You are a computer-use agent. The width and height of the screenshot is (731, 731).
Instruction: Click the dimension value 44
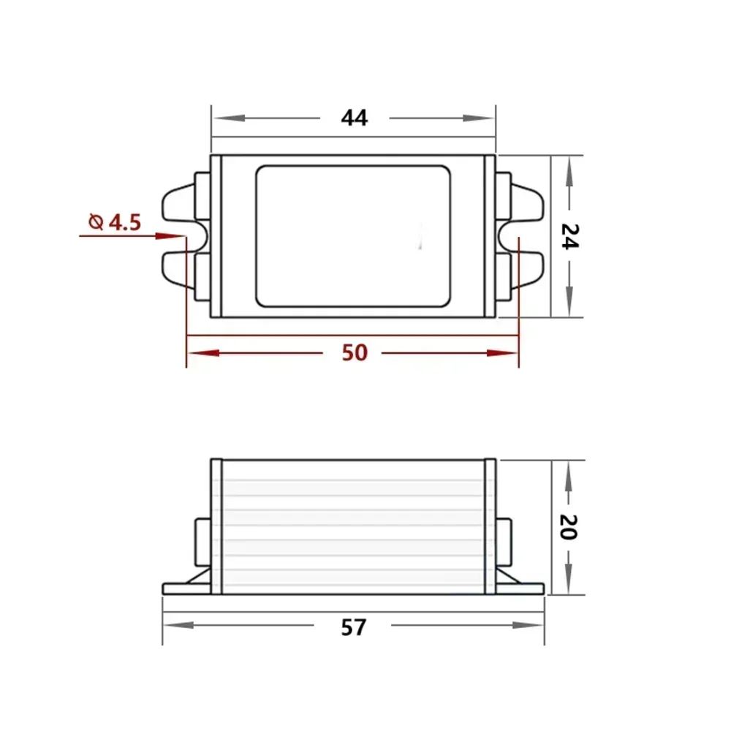coord(355,118)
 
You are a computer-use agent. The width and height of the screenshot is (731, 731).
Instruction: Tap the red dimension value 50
coord(355,353)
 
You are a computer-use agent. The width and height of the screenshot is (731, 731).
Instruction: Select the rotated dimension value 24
coord(569,236)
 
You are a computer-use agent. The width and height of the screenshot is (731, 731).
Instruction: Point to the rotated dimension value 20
coord(568,527)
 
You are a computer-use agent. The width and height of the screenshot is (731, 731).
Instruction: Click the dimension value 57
coord(354,627)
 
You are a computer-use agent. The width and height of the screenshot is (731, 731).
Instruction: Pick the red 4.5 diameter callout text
coord(115,222)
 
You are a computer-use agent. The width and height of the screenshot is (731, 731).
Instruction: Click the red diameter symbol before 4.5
coord(96,222)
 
